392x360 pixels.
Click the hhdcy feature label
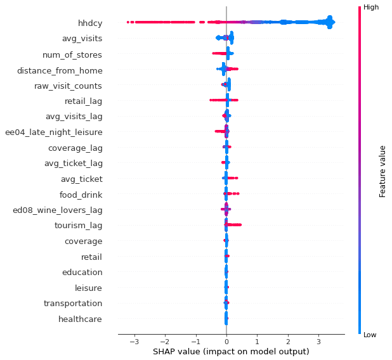pos(90,23)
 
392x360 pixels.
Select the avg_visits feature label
pos(82,39)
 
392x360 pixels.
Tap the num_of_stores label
pos(77,55)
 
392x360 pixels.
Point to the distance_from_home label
pos(60,70)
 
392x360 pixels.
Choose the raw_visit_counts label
pos(68,86)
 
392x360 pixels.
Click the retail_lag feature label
pos(83,101)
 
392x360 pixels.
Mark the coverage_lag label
pos(75,148)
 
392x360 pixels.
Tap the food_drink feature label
pos(81,195)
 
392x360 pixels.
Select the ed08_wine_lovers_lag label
pos(57,210)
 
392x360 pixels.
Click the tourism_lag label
pos(79,226)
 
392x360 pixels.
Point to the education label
pos(82,273)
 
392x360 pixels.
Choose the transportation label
pos(72,304)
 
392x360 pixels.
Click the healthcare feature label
pos(80,319)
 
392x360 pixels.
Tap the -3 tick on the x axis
pos(133,342)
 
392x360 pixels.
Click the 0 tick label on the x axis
pos(226,342)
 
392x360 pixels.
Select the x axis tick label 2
pos(288,342)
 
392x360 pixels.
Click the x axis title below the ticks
pos(230,352)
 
